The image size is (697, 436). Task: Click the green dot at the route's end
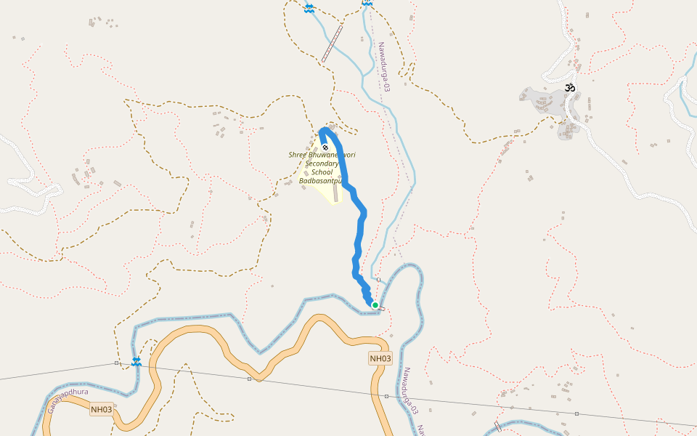[375, 305]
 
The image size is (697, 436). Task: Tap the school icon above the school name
[325, 148]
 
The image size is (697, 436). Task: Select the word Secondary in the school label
[322, 164]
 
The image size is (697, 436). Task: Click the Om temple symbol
[571, 89]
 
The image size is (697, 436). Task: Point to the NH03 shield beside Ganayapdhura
[102, 410]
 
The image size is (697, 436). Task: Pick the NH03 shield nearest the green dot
[380, 358]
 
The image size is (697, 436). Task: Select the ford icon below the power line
[136, 361]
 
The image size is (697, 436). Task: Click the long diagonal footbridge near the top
[333, 43]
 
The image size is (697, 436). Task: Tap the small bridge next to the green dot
[382, 308]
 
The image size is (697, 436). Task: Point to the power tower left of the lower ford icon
[116, 363]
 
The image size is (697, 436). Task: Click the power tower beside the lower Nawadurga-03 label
[386, 396]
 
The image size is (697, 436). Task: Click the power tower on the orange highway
[249, 379]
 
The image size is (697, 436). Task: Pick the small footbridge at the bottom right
[497, 426]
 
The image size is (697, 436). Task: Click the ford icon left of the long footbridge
[309, 7]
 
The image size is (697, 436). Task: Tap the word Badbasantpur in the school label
[320, 180]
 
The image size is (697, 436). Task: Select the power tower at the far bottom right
[576, 413]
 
